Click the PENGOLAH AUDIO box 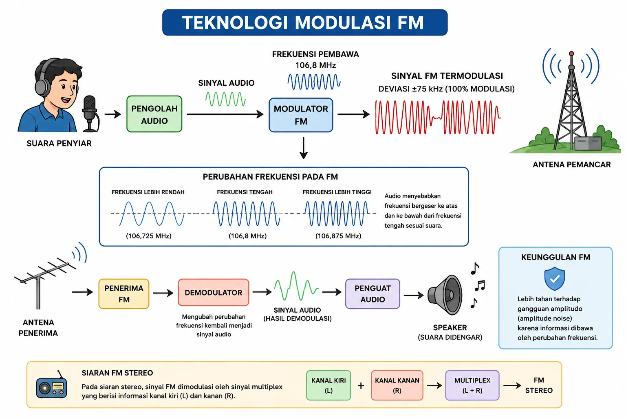[x=154, y=114]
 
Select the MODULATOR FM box [x=301, y=115]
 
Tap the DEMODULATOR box [x=214, y=293]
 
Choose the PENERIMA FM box [x=124, y=293]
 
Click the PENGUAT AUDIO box [x=373, y=293]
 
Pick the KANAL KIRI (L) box [x=328, y=385]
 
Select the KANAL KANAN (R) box [x=397, y=385]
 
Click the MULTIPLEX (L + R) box [x=472, y=385]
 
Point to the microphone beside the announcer [x=90, y=113]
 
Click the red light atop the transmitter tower [x=571, y=53]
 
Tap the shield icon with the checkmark [x=555, y=278]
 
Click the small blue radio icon [x=52, y=385]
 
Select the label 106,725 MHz [x=149, y=236]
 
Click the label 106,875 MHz [x=338, y=236]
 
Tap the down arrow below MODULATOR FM [x=304, y=148]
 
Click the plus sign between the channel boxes [x=361, y=385]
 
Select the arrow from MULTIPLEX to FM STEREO [x=512, y=385]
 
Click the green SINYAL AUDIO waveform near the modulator [x=225, y=99]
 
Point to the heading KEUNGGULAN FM [x=555, y=257]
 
